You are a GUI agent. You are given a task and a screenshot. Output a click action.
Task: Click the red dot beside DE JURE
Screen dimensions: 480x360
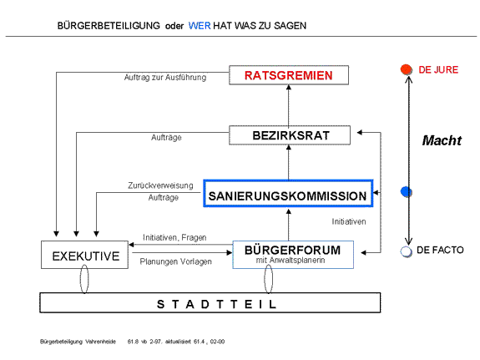(x=407, y=69)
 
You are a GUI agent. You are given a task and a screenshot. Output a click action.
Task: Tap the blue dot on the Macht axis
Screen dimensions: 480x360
(x=407, y=192)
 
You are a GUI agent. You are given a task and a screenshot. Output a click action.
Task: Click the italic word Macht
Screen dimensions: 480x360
(x=442, y=140)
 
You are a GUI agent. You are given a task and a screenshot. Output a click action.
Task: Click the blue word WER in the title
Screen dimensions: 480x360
(x=200, y=26)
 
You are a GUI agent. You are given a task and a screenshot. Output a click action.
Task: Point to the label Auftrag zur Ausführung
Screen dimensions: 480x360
(x=165, y=77)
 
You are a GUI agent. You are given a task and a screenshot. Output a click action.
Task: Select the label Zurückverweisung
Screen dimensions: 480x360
(x=160, y=185)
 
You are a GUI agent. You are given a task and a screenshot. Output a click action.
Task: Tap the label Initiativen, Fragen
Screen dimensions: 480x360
(x=174, y=237)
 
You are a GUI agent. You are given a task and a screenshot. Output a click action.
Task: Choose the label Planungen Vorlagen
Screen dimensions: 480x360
(x=175, y=261)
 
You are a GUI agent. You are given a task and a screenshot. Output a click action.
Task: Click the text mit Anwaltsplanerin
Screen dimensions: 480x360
(x=291, y=261)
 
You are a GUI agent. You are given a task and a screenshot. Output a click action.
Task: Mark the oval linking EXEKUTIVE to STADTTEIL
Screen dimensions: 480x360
(x=80, y=279)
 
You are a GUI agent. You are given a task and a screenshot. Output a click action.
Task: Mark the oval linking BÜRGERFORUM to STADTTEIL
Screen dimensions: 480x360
(x=265, y=279)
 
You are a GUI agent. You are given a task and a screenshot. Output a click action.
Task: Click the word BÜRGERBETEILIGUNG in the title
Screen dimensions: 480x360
(x=109, y=26)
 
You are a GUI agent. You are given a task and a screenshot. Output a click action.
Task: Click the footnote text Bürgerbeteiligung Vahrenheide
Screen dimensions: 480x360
(x=78, y=342)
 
